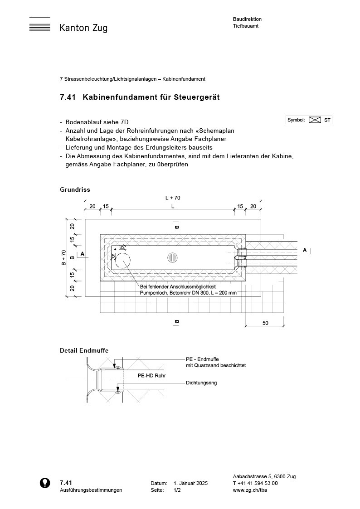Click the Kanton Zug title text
point(83,28)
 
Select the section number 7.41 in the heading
point(68,97)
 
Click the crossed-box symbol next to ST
point(315,120)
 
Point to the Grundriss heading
point(75,189)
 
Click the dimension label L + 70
point(173,198)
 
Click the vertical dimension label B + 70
point(64,257)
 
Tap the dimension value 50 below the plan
point(265,323)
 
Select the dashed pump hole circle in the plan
point(122,262)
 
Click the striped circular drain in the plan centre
point(172,257)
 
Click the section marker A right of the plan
point(305,250)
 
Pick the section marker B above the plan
point(177,226)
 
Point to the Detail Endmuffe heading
point(84,350)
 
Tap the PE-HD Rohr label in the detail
point(151,376)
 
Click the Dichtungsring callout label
point(201,383)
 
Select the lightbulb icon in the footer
point(45,483)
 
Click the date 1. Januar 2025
point(190,484)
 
